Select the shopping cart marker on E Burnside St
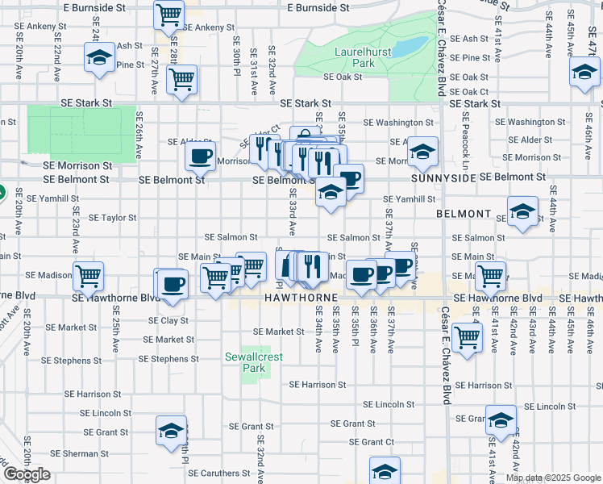tap(169, 15)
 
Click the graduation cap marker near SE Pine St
tap(100, 58)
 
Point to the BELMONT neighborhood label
tap(464, 214)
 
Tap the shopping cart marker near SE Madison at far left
tap(88, 276)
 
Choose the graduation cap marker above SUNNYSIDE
tap(422, 151)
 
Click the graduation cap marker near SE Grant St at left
tap(171, 430)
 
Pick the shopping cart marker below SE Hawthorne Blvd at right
tap(467, 337)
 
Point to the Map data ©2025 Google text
tap(552, 478)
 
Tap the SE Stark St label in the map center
tap(306, 104)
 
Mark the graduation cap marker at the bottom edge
tap(385, 471)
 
